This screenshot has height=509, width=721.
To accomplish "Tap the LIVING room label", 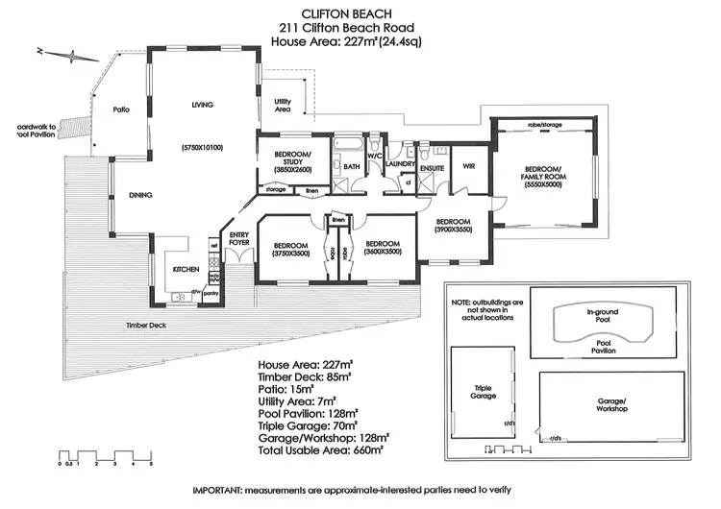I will coord(201,105).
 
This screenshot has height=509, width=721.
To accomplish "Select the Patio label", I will coord(121,109).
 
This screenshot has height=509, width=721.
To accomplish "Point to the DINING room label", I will coord(141,195).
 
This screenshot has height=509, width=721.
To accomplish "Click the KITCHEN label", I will coord(186,269).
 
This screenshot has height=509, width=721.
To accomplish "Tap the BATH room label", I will coord(352,167).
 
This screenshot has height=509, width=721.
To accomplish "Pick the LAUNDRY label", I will coord(399,164).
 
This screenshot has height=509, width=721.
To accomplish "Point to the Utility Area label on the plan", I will coord(283,105).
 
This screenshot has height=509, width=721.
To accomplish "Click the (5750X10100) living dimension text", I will coord(202,147).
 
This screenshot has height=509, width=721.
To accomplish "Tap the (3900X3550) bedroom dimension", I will coord(453,230).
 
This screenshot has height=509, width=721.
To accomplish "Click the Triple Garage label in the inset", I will coord(483,393).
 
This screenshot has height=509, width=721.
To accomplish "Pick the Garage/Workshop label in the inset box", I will coord(612,404).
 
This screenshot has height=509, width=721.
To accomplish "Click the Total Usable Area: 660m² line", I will coord(320,448).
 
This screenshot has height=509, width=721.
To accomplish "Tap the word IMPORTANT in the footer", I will coord(220,492).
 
